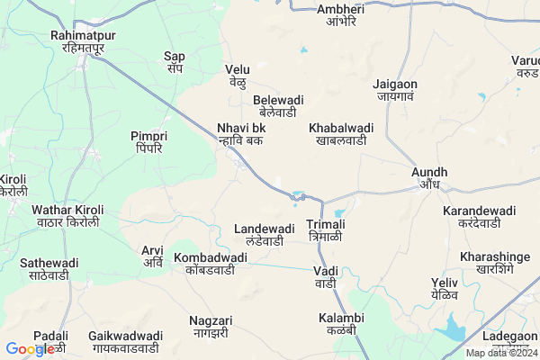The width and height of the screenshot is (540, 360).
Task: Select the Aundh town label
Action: click(429, 177)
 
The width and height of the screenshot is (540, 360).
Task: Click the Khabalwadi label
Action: click(341, 134)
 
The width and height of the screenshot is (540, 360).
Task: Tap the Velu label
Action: click(238, 75)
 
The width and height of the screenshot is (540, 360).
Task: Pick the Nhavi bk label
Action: click(241, 134)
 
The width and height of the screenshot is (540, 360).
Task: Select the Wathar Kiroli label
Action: click(67, 216)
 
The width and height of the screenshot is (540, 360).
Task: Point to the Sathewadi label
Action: click(49, 269)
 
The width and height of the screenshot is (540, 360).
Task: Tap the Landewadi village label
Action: click(265, 235)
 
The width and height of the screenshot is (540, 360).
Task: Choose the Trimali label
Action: click(326, 229)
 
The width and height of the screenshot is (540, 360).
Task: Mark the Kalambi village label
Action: click(341, 324)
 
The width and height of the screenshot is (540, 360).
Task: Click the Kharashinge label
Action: click(486, 263)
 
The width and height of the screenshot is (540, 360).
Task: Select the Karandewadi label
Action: click(479, 216)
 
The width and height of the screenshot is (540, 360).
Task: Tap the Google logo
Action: click(30, 349)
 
